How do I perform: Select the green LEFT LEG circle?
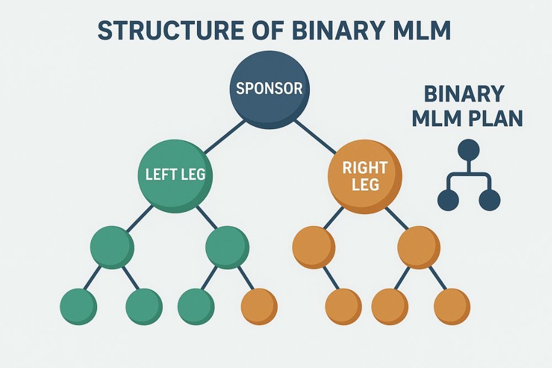[175, 175]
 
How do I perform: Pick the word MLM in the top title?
[416, 31]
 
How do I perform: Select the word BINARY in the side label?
[464, 94]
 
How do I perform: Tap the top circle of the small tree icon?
[469, 150]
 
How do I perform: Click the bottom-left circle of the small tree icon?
[448, 200]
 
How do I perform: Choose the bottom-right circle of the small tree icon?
[489, 200]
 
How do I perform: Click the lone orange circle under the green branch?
[259, 306]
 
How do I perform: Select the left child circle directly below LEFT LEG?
[112, 247]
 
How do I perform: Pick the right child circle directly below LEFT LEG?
[227, 247]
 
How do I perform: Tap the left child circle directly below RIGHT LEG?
[314, 247]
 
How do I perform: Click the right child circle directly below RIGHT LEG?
[418, 247]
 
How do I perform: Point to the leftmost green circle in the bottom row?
[78, 306]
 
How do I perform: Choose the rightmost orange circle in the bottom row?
[452, 306]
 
